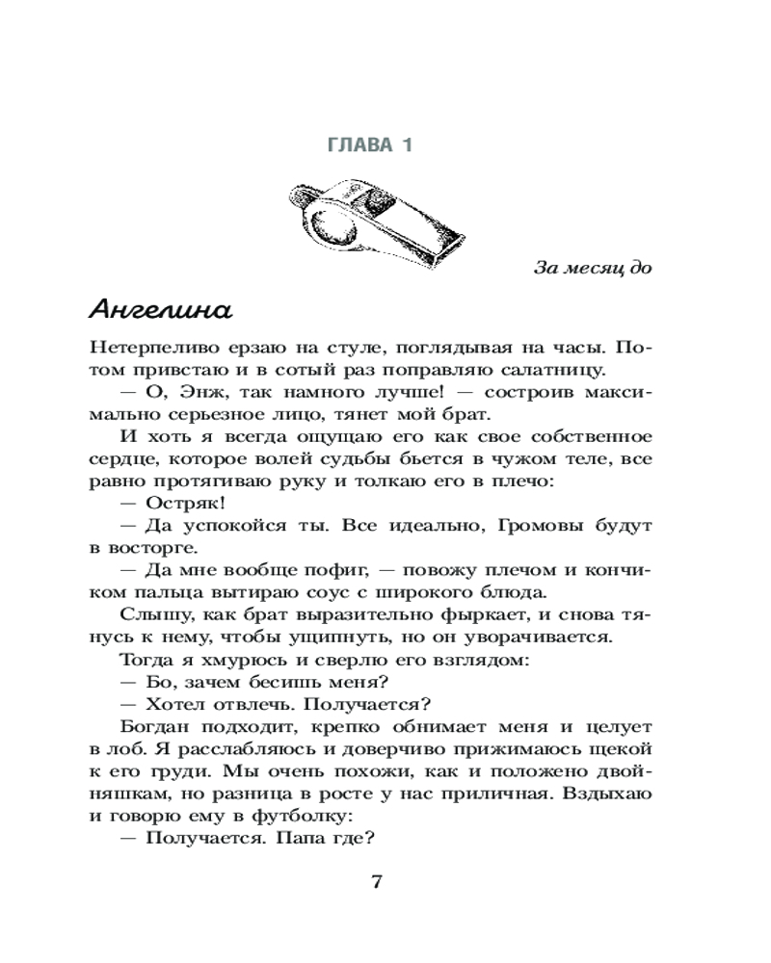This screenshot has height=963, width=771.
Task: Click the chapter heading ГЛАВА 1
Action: pyautogui.click(x=370, y=145)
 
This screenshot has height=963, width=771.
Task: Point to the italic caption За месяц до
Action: pyautogui.click(x=593, y=268)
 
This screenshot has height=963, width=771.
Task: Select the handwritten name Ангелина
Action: pyautogui.click(x=160, y=310)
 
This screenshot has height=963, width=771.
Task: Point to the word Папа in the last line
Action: pyautogui.click(x=299, y=837)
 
